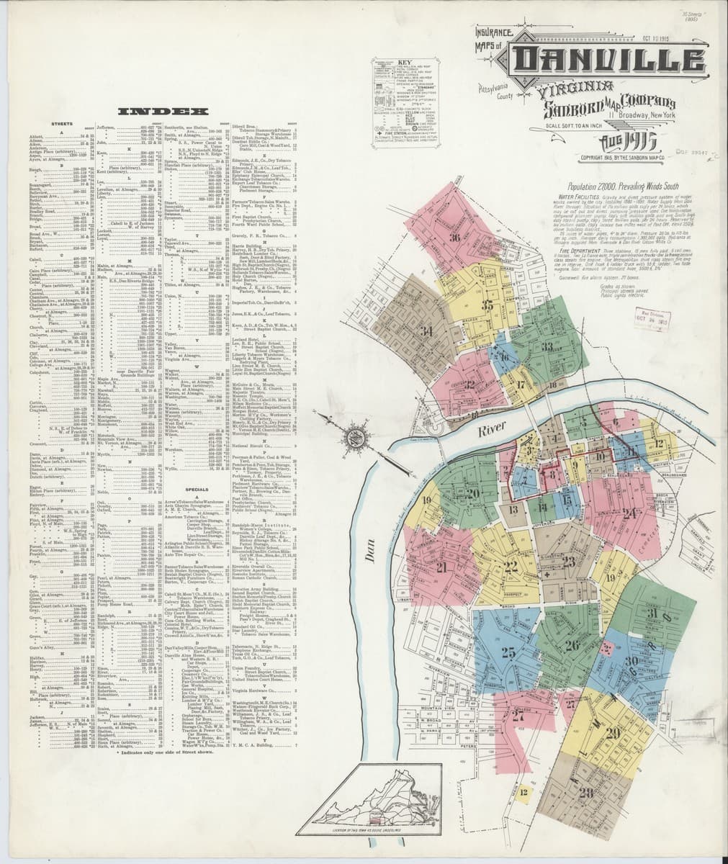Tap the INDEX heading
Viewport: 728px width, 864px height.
164,112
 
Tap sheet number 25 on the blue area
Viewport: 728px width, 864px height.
508,653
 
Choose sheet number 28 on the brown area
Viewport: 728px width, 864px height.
585,793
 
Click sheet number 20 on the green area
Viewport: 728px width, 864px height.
493,492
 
